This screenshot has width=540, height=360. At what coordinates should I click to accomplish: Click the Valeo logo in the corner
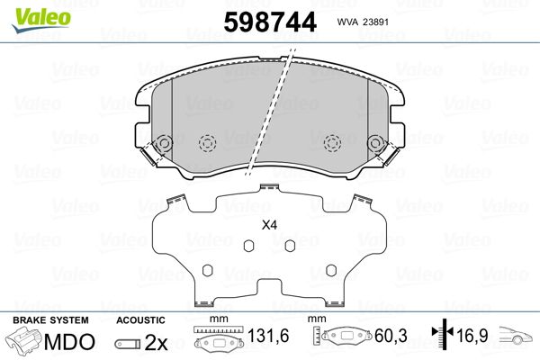pos(41,20)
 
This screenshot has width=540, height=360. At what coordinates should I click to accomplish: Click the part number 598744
pos(270,22)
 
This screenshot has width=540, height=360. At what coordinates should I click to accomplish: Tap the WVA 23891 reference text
pos(363,22)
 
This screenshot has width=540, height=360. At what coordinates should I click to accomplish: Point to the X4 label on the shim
pos(269,225)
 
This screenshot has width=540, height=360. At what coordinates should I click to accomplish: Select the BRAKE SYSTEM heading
pos(50,320)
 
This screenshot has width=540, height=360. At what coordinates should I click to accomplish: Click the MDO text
pos(69,342)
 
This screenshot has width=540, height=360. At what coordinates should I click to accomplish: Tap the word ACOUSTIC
pos(140,320)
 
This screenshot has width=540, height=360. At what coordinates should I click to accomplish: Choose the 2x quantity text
pos(156,342)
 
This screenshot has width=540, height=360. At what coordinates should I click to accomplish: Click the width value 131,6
pos(268,336)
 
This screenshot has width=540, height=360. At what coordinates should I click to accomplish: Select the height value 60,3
pos(391,336)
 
